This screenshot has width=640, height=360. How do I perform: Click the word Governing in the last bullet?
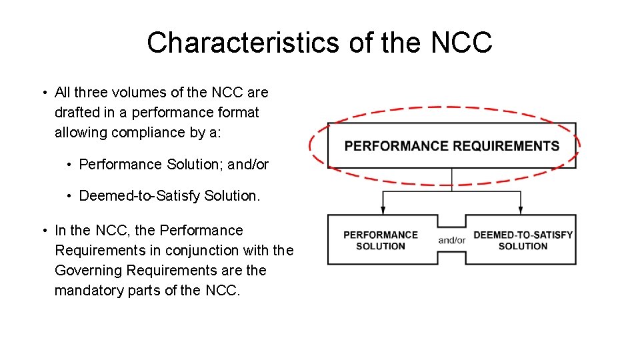pyautogui.click(x=89, y=271)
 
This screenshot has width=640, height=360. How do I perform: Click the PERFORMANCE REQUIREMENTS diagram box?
pyautogui.click(x=451, y=145)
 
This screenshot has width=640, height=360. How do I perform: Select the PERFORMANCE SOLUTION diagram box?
pyautogui.click(x=381, y=241)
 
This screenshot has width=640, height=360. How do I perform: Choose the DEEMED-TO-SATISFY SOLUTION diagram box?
pyautogui.click(x=523, y=241)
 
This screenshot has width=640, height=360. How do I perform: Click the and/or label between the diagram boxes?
pyautogui.click(x=451, y=241)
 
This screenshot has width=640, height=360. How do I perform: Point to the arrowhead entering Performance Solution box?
pyautogui.click(x=383, y=211)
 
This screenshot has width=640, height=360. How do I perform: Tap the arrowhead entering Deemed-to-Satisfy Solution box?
pyautogui.click(x=521, y=211)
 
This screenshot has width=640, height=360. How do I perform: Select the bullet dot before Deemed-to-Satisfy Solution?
pyautogui.click(x=69, y=196)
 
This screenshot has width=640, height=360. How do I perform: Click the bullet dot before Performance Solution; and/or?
pyautogui.click(x=69, y=165)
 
